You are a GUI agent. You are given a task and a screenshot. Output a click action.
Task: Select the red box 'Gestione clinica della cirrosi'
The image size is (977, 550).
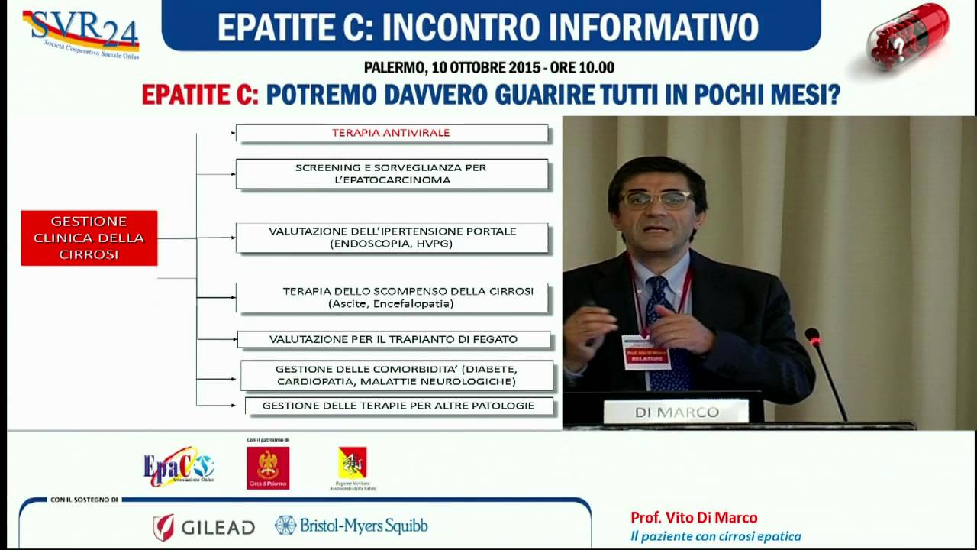(x=89, y=238)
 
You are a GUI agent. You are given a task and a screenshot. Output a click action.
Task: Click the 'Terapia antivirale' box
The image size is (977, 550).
(x=392, y=133)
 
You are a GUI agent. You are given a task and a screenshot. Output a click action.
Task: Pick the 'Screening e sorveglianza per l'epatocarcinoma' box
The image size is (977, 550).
(x=392, y=173)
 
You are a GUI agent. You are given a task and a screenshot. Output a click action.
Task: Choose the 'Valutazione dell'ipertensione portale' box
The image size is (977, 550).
(x=392, y=238)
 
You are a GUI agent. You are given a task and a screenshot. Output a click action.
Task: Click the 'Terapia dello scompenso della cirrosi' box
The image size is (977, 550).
(x=392, y=297)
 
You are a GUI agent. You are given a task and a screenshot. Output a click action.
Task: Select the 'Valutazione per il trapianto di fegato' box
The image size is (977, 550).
(x=394, y=339)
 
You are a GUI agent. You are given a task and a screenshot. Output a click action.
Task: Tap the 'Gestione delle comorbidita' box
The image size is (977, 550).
(x=396, y=375)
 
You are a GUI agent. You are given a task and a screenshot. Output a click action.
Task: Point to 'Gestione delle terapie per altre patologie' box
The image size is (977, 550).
(x=398, y=406)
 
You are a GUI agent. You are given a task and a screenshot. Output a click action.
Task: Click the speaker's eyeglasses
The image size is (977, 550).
(x=656, y=199)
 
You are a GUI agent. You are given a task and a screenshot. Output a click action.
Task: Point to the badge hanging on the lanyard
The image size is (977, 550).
(x=646, y=352)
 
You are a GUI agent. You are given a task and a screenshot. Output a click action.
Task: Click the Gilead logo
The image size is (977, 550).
(x=204, y=526)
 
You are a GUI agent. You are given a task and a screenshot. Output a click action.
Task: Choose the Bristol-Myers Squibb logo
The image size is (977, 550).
(x=351, y=526)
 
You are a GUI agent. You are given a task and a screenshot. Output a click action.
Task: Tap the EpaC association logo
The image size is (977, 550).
(x=179, y=466)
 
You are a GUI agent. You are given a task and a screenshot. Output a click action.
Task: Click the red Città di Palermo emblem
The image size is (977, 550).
(x=268, y=467)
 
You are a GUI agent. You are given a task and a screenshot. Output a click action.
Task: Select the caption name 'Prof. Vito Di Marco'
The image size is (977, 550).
(x=694, y=518)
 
